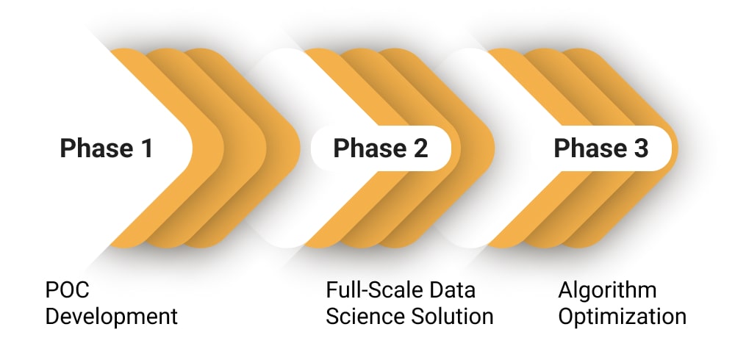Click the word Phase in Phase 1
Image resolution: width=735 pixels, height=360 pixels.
click(93, 148)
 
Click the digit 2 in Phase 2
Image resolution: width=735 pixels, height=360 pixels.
click(420, 148)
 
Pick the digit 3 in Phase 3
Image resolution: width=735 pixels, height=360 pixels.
click(640, 148)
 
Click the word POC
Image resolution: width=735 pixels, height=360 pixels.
click(68, 290)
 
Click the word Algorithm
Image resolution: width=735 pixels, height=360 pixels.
click(607, 290)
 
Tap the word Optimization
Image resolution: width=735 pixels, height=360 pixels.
click(622, 317)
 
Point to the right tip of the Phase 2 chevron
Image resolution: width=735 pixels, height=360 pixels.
click(493, 148)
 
